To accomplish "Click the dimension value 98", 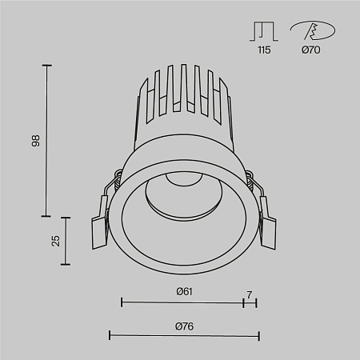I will click(x=34, y=141).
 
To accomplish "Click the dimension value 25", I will click(x=54, y=241).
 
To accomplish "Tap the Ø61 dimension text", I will click(x=184, y=291).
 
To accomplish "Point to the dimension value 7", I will click(x=250, y=295).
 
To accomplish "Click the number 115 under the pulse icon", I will click(x=264, y=50).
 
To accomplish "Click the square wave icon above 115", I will click(x=264, y=31).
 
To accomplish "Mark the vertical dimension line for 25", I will click(x=66, y=241).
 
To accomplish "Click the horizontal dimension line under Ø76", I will click(x=184, y=335).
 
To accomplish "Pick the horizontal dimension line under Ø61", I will click(x=182, y=302).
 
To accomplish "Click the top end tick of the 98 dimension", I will click(x=46, y=66).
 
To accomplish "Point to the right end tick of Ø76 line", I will click(x=258, y=335).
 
